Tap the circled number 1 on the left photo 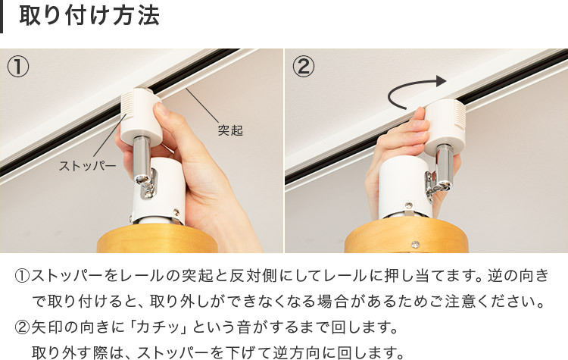tap(18, 67)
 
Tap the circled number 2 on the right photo tap(303, 67)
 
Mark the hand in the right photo tap(390, 152)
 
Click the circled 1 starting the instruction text tap(21, 275)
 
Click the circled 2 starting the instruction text tap(21, 328)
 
